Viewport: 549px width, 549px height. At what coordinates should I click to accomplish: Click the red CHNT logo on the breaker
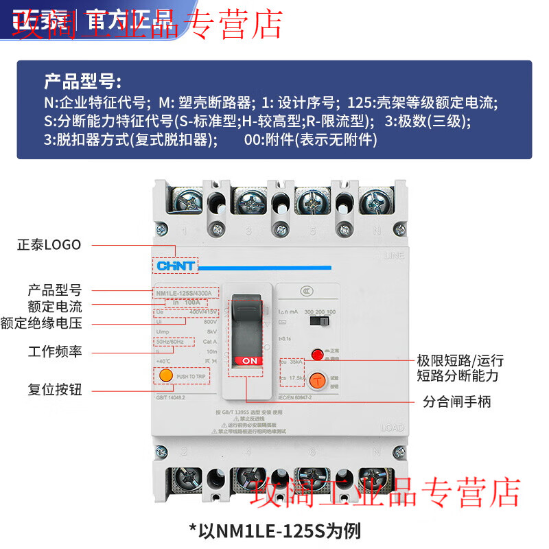[x=176, y=266]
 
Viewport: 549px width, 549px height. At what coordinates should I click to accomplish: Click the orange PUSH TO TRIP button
[x=165, y=376]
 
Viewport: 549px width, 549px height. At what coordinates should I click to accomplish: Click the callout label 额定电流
[x=54, y=306]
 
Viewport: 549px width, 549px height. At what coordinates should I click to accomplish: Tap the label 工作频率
[x=54, y=351]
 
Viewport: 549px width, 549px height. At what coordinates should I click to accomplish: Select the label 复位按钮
[x=54, y=390]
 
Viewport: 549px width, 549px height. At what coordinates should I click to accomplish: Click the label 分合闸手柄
[x=456, y=401]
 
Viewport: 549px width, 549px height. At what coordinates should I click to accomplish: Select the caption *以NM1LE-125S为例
[x=274, y=530]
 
